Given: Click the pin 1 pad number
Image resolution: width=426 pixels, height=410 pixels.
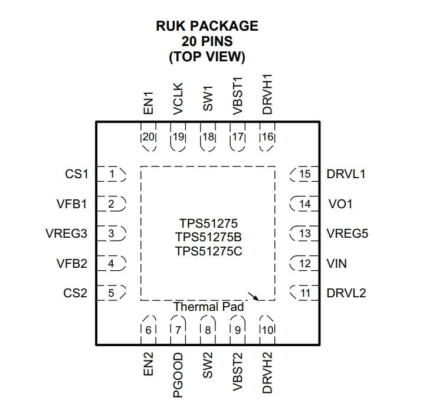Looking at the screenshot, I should click(x=112, y=175).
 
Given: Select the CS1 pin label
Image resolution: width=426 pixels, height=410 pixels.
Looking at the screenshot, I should click(x=76, y=175).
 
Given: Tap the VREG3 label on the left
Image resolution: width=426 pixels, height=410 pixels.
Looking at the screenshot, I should click(x=66, y=234).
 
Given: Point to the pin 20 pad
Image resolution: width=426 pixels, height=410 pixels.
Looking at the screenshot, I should click(x=148, y=137).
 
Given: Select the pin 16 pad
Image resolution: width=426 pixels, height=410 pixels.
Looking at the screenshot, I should click(x=267, y=137).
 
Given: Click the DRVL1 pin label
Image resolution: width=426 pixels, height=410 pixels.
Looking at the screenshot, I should click(x=346, y=175).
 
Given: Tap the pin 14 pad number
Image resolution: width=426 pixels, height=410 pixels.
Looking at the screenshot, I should click(x=304, y=204).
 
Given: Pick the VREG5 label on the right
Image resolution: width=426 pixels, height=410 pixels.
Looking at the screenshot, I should click(x=348, y=234).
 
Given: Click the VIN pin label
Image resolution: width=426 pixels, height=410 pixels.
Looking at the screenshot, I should click(x=337, y=263).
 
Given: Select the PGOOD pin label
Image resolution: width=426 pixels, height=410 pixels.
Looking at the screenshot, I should click(x=178, y=370).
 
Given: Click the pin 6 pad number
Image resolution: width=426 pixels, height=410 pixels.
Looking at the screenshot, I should click(x=148, y=330).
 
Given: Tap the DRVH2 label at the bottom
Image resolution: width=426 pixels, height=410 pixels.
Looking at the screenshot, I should click(x=267, y=373).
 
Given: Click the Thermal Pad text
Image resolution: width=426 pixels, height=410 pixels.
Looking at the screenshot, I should click(x=208, y=307).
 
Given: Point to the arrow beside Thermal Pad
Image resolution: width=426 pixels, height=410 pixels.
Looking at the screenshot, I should click(x=254, y=296).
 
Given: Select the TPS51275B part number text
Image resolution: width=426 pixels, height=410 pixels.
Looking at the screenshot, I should click(x=208, y=237).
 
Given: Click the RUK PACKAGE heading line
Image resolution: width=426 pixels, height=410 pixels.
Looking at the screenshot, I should click(x=207, y=27).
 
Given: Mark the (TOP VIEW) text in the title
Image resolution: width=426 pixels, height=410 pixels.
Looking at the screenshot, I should click(x=207, y=57).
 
